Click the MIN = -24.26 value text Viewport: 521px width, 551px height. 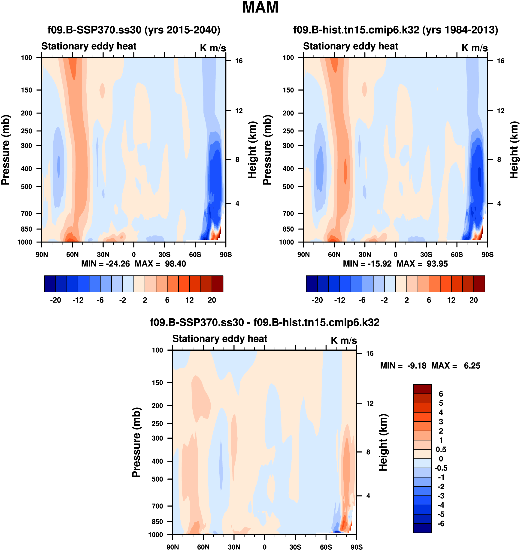point(105,263)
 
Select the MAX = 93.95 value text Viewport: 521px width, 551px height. point(422,263)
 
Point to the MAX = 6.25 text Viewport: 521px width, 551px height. point(456,366)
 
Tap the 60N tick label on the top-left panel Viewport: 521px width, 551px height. point(72,254)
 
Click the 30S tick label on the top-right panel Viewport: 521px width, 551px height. point(426,254)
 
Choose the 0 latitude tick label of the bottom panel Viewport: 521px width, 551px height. point(264,547)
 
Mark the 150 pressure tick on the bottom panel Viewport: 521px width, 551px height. point(157,383)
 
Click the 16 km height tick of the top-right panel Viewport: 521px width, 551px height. point(500,61)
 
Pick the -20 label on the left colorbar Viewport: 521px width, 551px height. point(56,300)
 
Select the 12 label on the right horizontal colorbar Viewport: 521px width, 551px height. point(451,300)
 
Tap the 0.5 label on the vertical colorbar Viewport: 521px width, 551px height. point(441,450)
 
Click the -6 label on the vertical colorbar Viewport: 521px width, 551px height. point(441,524)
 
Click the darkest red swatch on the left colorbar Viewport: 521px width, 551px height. point(218,284)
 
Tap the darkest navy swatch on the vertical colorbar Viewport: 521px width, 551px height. point(422,528)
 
